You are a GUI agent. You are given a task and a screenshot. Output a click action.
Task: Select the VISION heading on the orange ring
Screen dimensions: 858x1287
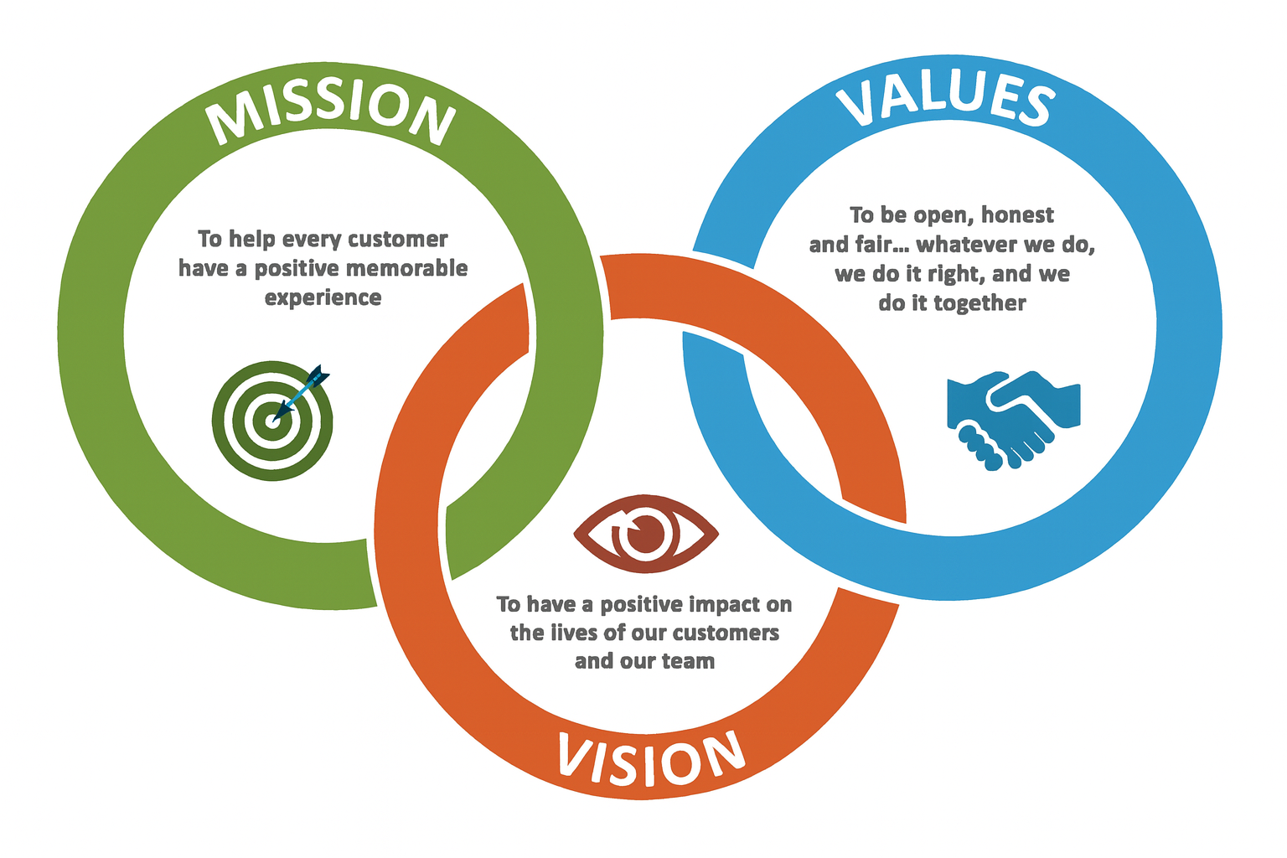coord(650,758)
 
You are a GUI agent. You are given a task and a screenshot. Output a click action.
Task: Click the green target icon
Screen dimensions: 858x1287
coord(271,421)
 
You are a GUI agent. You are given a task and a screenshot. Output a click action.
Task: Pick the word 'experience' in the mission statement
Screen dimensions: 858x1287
coord(323,297)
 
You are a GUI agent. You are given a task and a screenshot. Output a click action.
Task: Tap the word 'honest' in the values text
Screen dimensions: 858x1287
coord(1017,215)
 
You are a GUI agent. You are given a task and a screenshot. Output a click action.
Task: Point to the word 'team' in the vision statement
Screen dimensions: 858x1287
coord(688,661)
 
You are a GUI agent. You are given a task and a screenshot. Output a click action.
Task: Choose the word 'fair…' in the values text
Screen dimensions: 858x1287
coord(884,245)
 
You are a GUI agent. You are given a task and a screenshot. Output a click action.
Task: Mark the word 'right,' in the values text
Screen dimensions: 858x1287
coord(957,274)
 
